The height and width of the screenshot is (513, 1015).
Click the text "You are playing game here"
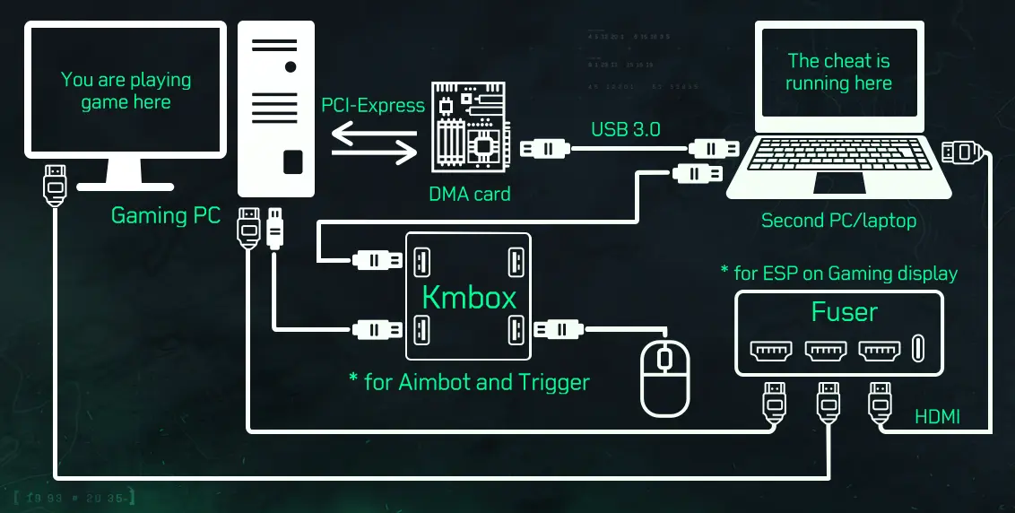pos(126,91)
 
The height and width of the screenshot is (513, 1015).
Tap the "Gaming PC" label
pos(165,216)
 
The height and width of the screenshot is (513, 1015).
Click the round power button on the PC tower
pos(290,67)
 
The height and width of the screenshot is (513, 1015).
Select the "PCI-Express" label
pos(373,106)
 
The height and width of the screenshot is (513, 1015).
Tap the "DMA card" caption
pos(470,194)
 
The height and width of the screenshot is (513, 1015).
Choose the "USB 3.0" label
pos(625,129)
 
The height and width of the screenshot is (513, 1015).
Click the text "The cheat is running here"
pos(838,73)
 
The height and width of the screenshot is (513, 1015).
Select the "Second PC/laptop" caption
pos(838,221)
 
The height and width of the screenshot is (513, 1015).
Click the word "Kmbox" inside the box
pos(469,298)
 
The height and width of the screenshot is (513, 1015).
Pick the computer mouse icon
pos(664,378)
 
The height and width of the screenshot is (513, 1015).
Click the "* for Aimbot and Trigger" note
pos(469,383)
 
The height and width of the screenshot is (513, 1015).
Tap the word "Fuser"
pos(844,312)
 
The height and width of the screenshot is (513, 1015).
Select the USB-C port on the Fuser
pos(917,349)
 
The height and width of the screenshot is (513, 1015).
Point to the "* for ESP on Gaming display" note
pos(839,273)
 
